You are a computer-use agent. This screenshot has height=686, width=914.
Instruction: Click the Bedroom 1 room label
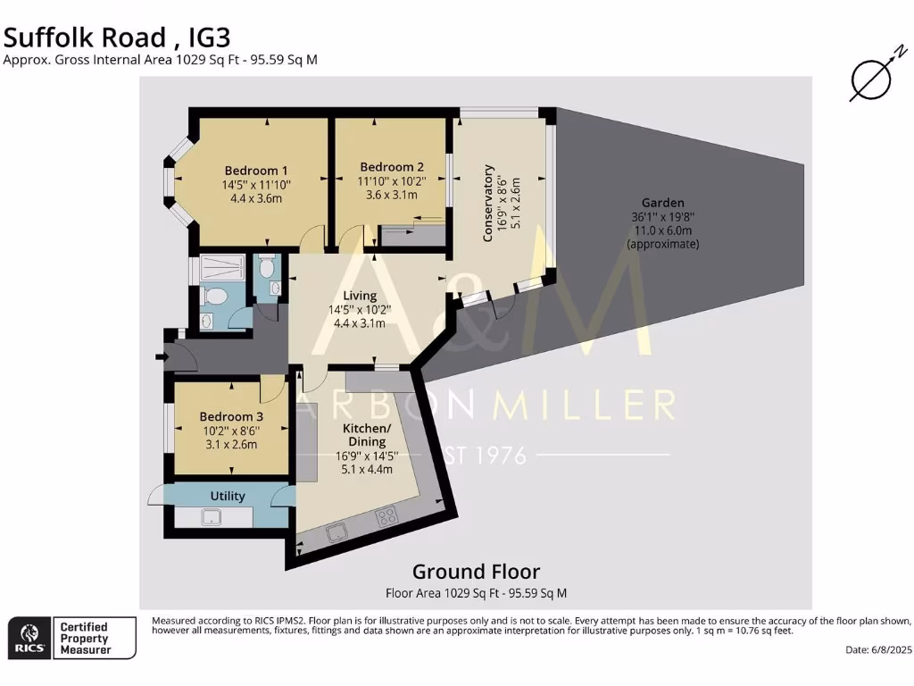[x=255, y=171]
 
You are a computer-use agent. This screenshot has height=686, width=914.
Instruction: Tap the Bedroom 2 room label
[x=391, y=167]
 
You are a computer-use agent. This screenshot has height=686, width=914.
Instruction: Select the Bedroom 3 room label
[x=230, y=417]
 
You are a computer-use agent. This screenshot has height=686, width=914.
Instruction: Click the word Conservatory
[x=488, y=203]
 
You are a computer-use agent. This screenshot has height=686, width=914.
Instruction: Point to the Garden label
[x=662, y=203]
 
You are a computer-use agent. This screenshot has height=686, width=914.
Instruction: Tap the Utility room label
[x=228, y=496]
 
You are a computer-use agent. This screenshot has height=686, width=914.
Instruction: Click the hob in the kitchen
[x=387, y=515]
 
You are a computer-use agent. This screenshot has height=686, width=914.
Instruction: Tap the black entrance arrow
[x=161, y=357]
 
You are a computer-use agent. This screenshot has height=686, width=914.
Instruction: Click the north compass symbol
[x=870, y=81]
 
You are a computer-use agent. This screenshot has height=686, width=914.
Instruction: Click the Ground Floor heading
[x=475, y=572]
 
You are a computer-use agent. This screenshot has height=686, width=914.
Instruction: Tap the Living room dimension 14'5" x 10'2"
[x=360, y=310]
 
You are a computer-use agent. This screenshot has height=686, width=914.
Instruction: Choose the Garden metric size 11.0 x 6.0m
[x=662, y=230]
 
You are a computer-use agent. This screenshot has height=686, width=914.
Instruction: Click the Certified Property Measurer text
[x=84, y=639]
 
